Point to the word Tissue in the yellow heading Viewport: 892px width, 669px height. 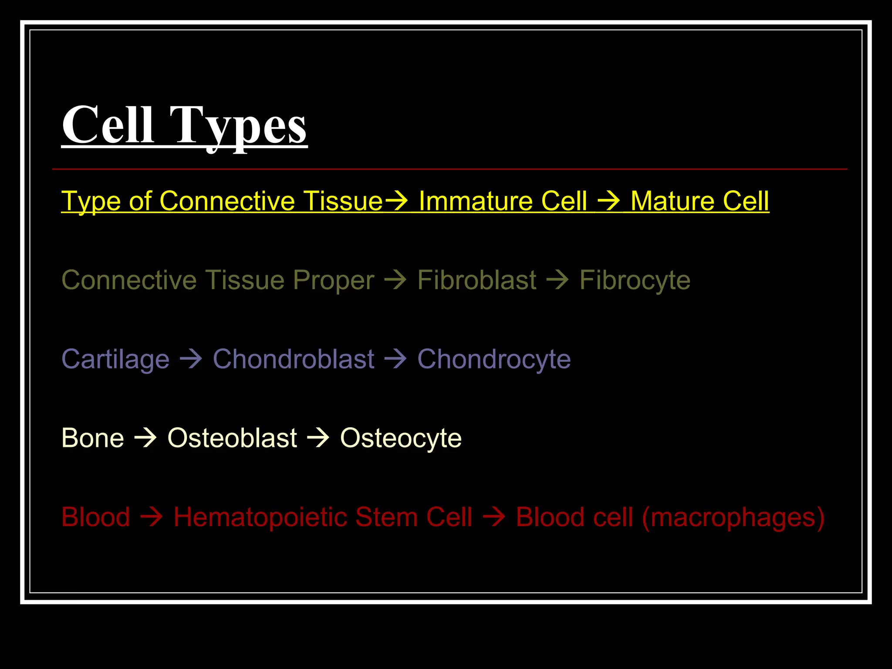point(343,201)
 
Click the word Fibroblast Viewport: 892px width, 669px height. point(477,280)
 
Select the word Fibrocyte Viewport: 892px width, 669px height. point(635,280)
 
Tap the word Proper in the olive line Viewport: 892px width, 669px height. point(334,280)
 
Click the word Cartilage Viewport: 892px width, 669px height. point(115,359)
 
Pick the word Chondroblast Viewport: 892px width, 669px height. point(294,359)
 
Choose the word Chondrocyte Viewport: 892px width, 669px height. point(494,359)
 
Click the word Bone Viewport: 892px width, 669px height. point(93,438)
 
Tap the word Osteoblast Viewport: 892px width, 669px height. point(232,438)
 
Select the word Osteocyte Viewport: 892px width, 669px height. point(401,438)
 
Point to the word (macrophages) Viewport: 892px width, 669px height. point(733,517)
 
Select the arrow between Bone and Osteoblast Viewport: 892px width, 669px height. point(145,438)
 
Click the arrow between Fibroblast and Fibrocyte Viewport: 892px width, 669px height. point(557,280)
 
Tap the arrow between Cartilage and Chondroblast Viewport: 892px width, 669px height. point(191,359)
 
